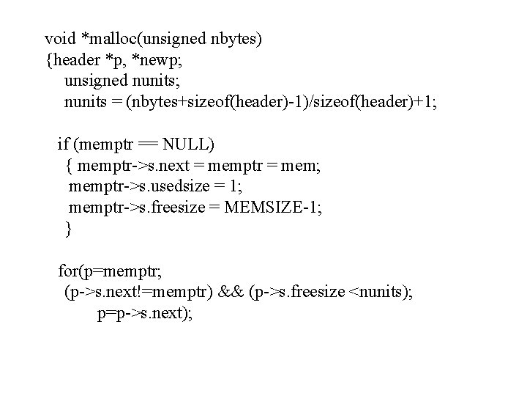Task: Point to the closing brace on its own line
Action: (69, 229)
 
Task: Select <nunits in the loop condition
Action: (380, 293)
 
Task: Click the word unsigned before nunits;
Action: (94, 79)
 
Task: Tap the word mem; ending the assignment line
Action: (299, 165)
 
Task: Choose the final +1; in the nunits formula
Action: (422, 100)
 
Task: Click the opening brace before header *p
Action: (49, 58)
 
